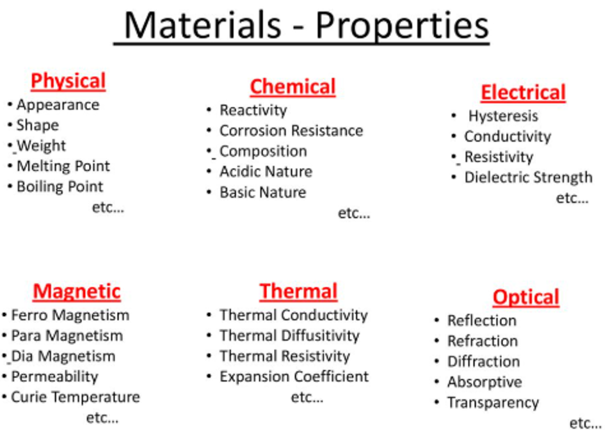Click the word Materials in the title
202,25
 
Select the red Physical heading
68,82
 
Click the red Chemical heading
292,87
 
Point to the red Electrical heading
523,93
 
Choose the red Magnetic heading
77,292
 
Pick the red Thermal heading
298,292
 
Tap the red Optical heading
526,298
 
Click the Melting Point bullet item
63,166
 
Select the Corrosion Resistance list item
291,131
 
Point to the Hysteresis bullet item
503,116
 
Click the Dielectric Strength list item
529,177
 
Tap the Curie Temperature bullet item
76,397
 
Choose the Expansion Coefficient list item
294,377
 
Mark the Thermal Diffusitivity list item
289,336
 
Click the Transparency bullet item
493,403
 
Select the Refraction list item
483,341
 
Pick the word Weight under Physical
41,146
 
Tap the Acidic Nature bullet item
266,172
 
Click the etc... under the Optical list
585,424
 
